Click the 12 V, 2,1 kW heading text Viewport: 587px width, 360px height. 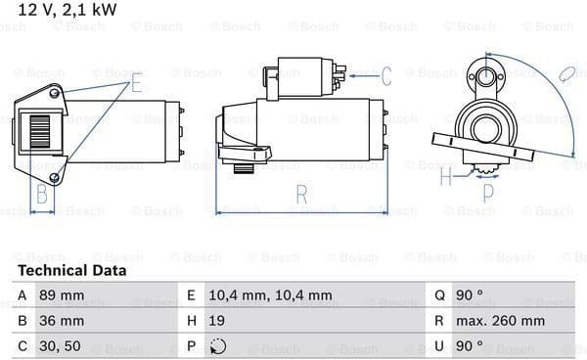tap(67, 9)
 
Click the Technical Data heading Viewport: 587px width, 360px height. tap(71, 270)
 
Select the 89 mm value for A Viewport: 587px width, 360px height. tap(62, 295)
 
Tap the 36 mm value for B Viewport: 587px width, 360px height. tap(62, 321)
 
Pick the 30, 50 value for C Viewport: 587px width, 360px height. tap(60, 346)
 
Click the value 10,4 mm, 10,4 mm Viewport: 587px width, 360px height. tap(270, 295)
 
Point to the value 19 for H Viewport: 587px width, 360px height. tap(217, 321)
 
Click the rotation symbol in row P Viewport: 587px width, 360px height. tap(218, 346)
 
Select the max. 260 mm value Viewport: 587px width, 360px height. tap(500, 321)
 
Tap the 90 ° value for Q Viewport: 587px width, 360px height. tap(469, 295)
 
